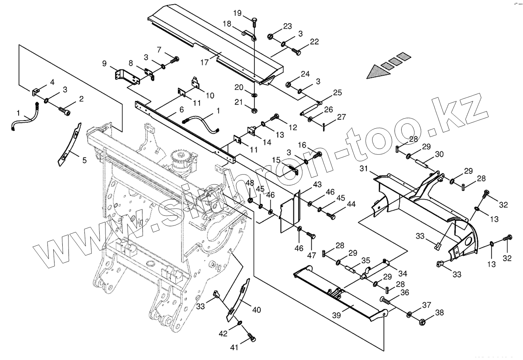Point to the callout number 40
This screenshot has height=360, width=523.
256,310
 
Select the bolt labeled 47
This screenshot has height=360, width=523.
311,236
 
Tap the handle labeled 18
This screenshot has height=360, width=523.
249,34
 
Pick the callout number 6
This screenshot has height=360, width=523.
182,110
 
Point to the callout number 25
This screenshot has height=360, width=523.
337,93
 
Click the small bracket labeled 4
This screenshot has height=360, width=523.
35,92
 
